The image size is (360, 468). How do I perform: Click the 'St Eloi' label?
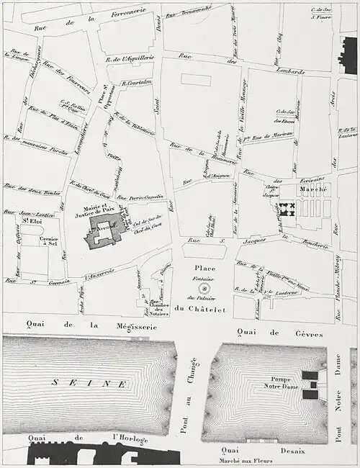pos(30,222)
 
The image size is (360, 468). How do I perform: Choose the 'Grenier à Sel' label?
pos(50,241)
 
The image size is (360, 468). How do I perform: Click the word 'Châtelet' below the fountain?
pos(215,310)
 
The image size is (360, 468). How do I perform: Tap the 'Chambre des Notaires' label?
pos(159,305)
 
